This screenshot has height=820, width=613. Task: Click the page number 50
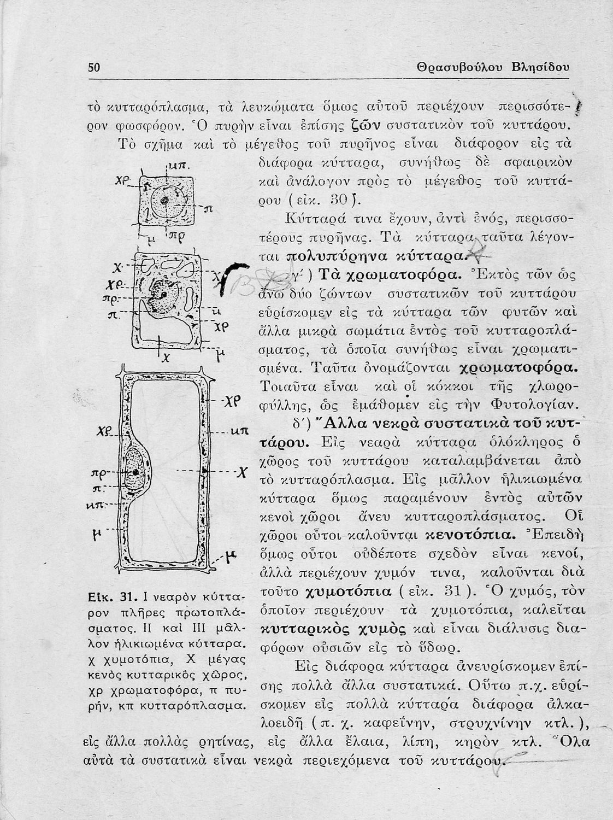point(95,67)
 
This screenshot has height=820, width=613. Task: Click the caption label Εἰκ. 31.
point(110,595)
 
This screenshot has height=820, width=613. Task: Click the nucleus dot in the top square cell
point(164,200)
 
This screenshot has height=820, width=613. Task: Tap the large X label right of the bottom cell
point(238,471)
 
